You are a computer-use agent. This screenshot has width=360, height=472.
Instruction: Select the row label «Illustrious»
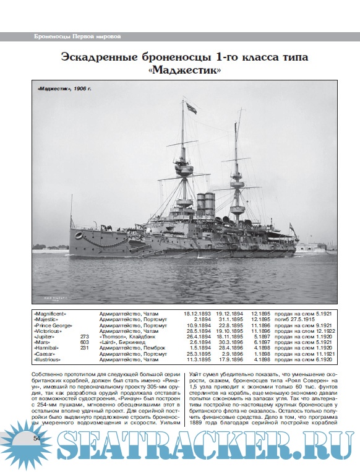tap(49, 359)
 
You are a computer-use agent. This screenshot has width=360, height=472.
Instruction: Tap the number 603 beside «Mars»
tap(85, 342)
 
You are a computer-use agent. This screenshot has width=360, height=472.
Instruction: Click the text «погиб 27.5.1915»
tap(294, 319)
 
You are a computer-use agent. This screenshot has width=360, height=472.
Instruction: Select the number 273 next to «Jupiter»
tap(85, 337)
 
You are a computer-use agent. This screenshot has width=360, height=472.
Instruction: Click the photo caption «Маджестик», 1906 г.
tap(64, 90)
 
